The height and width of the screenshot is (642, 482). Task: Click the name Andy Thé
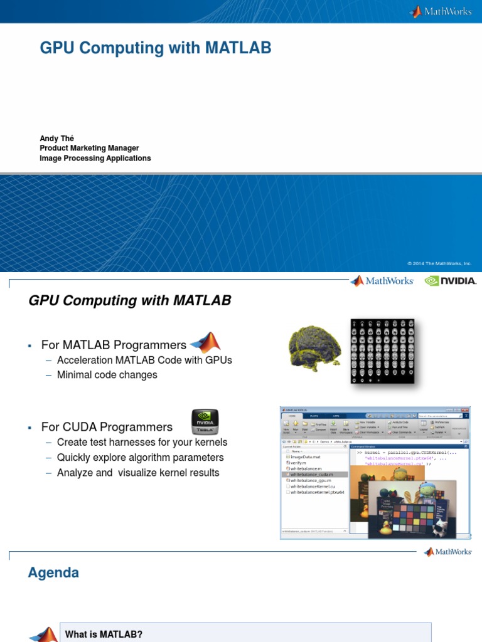click(57, 139)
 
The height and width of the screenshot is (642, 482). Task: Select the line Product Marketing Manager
click(89, 149)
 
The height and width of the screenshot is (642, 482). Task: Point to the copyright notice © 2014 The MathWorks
click(439, 264)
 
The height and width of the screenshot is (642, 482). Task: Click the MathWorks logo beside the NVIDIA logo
click(382, 281)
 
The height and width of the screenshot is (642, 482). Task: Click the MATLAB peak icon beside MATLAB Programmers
click(205, 342)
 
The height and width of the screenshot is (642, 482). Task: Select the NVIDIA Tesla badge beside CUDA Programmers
click(205, 422)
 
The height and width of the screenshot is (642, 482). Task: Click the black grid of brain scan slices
click(382, 350)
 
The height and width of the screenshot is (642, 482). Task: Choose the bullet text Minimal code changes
click(107, 375)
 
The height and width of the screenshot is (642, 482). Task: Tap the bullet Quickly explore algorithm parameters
click(140, 458)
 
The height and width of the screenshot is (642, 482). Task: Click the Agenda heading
click(53, 572)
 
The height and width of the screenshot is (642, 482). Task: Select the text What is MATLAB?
click(104, 634)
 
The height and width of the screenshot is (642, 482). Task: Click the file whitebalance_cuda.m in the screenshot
click(313, 475)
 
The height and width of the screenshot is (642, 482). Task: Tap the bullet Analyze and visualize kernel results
click(138, 473)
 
